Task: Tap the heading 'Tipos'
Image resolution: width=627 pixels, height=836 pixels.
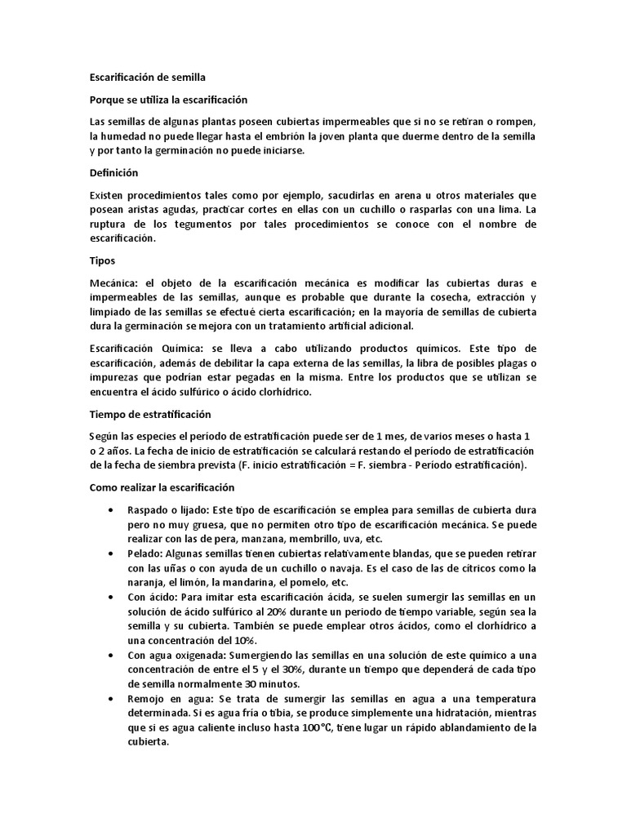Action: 102,261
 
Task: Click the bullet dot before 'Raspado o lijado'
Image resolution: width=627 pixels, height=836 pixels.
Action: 111,509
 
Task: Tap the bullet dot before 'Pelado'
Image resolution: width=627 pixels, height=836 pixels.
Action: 111,554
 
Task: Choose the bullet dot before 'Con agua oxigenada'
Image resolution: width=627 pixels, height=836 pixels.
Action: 111,656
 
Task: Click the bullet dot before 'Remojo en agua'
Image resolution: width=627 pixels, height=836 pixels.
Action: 111,700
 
